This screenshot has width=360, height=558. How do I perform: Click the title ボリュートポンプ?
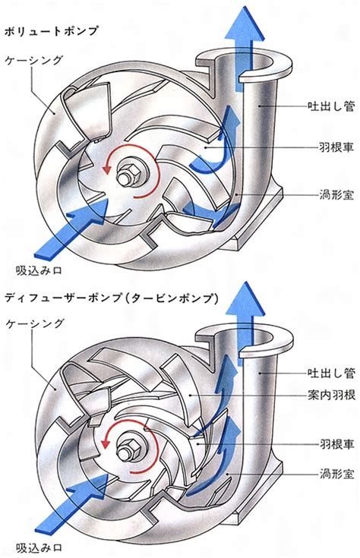tap(51, 31)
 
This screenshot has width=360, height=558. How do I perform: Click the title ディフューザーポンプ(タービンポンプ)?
tap(111, 298)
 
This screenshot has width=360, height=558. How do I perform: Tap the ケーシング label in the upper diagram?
tap(34, 60)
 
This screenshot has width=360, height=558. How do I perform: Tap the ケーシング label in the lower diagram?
tap(35, 323)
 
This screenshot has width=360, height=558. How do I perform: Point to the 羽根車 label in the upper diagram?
tap(336, 147)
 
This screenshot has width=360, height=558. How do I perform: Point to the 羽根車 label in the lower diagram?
tap(336, 444)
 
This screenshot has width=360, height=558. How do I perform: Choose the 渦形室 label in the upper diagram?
tap(336, 194)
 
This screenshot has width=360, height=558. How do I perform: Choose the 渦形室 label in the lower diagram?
tap(336, 474)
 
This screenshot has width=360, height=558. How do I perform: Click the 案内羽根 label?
tap(331, 395)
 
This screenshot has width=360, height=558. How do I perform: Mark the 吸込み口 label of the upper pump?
tap(39, 270)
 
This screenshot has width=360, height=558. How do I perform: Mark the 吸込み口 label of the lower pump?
tap(39, 547)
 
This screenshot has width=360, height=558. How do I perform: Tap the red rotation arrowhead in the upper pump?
tap(106, 168)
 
